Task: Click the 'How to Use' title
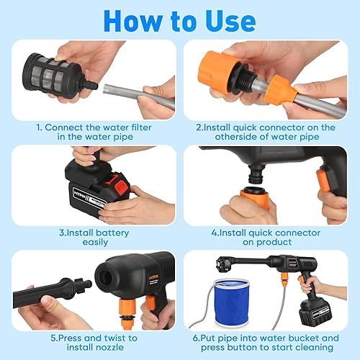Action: point(179,19)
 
